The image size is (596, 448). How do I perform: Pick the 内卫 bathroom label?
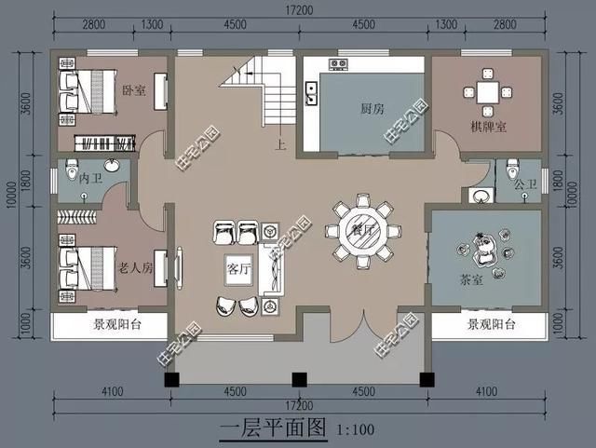tap(90, 177)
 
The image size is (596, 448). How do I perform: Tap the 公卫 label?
tap(526, 184)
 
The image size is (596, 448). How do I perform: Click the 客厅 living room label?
tap(238, 268)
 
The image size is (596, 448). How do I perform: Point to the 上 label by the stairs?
tap(278, 145)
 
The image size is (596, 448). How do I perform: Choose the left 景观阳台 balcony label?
tap(110, 326)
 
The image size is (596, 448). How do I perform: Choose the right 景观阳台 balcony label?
tap(487, 325)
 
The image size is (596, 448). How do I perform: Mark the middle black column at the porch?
tap(299, 379)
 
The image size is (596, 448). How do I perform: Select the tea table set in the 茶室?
tap(485, 251)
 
